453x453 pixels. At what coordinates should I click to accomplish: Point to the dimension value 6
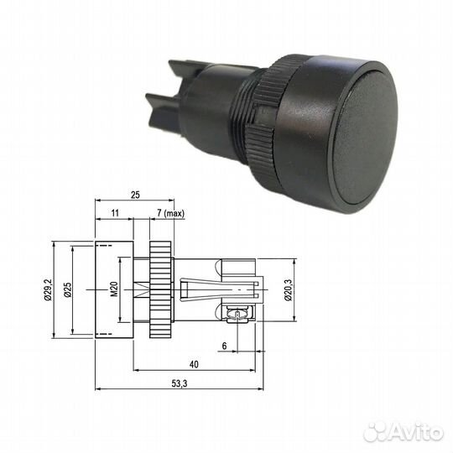(x=225, y=346)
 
